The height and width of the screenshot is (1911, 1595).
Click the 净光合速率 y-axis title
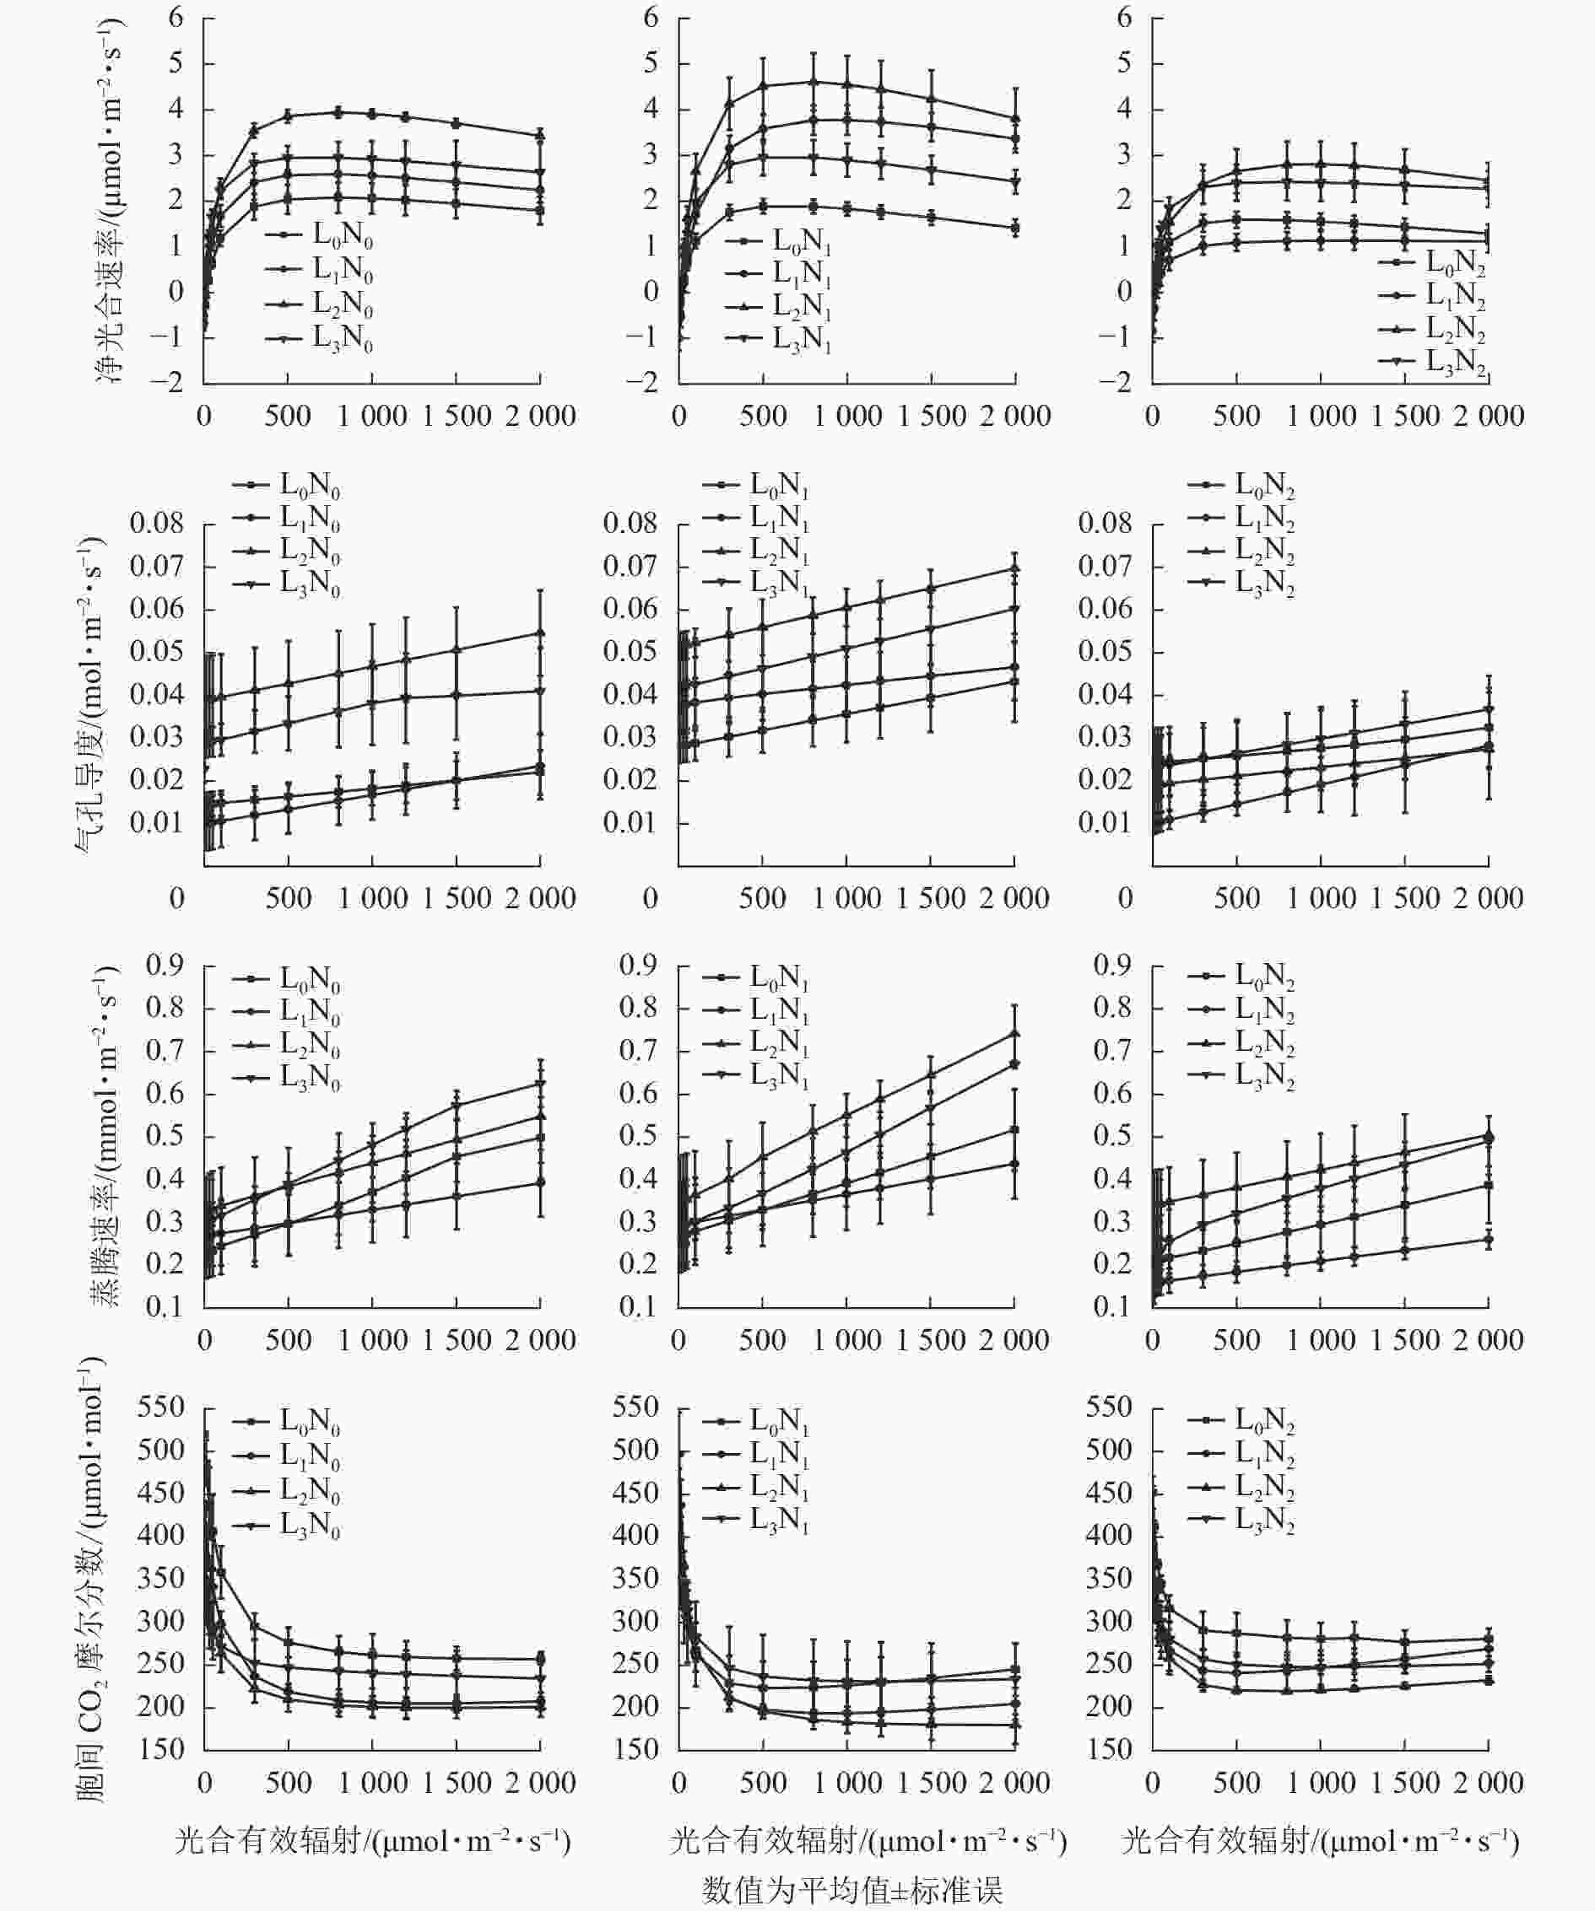(111, 200)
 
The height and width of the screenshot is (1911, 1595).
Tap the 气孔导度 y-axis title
(91, 695)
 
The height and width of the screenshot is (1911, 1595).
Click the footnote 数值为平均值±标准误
(852, 1889)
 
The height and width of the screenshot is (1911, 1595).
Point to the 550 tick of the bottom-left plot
(161, 1408)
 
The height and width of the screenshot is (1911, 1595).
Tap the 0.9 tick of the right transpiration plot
(1111, 965)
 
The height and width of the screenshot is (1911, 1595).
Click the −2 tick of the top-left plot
(165, 382)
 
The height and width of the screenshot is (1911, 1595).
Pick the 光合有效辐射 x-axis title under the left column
(372, 1841)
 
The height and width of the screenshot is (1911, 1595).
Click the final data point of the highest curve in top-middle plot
(1015, 118)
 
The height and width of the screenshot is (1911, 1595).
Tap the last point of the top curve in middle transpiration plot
(1015, 1034)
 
